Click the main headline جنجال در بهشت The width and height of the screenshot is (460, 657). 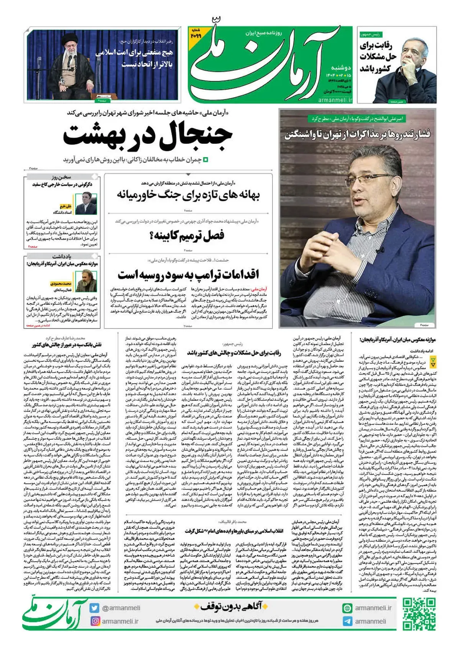[148, 135]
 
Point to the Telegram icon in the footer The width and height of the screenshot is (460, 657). [347, 621]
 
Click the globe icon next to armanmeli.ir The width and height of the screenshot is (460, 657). [347, 608]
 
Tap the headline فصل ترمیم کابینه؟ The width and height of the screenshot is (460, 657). [187, 235]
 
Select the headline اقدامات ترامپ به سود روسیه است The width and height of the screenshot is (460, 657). [188, 274]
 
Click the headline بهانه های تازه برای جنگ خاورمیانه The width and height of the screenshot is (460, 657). [188, 195]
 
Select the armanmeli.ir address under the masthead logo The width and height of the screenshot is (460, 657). [334, 100]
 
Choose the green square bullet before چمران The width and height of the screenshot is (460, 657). [206, 159]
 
